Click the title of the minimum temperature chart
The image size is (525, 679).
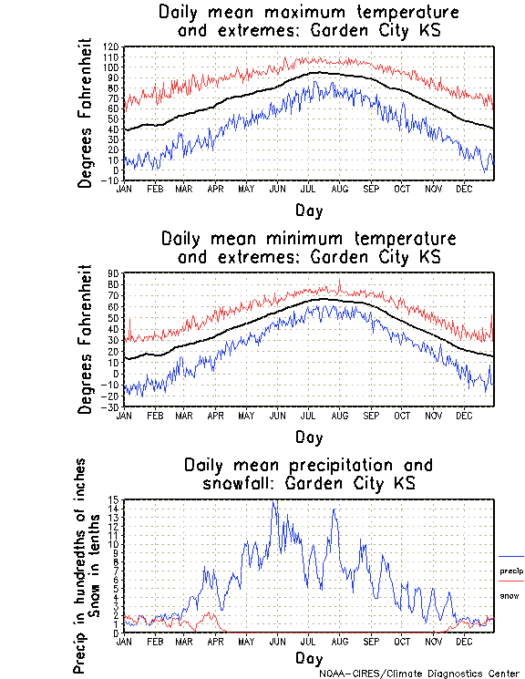pyautogui.click(x=308, y=248)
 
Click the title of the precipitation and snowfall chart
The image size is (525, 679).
pyautogui.click(x=308, y=474)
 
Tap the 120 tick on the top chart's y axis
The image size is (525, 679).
pyautogui.click(x=110, y=46)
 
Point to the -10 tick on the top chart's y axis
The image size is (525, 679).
pyautogui.click(x=110, y=180)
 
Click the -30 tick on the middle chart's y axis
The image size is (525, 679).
pyautogui.click(x=110, y=406)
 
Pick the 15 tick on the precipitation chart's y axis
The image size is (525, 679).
pyautogui.click(x=113, y=499)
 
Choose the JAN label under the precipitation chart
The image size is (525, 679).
pyautogui.click(x=124, y=642)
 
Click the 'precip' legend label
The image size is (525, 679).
pyautogui.click(x=511, y=571)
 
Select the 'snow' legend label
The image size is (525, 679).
pyautogui.click(x=509, y=595)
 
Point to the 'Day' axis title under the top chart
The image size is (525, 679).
pyautogui.click(x=308, y=211)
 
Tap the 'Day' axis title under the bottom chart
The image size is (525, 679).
pyautogui.click(x=308, y=658)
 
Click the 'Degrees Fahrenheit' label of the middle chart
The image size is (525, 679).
pyautogui.click(x=86, y=339)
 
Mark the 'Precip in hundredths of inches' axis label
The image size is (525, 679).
pyautogui.click(x=80, y=565)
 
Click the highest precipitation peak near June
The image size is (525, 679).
pyautogui.click(x=273, y=501)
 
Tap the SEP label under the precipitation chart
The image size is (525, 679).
pyautogui.click(x=370, y=642)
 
